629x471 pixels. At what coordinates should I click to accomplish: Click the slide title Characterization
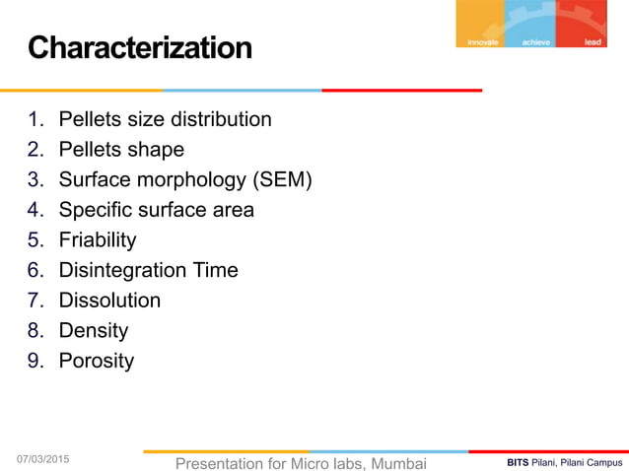(139, 47)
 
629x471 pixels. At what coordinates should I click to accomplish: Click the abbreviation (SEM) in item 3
(281, 180)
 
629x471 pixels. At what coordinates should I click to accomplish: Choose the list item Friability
(98, 239)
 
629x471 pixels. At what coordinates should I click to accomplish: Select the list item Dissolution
(109, 300)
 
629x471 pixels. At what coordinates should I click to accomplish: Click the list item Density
(94, 330)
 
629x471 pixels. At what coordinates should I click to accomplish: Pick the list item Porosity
(96, 360)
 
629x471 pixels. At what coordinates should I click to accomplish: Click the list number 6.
(35, 270)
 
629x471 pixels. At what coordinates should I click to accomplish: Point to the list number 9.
(35, 360)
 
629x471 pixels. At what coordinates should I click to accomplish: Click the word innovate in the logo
(484, 42)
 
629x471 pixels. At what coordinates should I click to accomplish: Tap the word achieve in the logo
(538, 42)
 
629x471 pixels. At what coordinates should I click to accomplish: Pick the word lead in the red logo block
(593, 42)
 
